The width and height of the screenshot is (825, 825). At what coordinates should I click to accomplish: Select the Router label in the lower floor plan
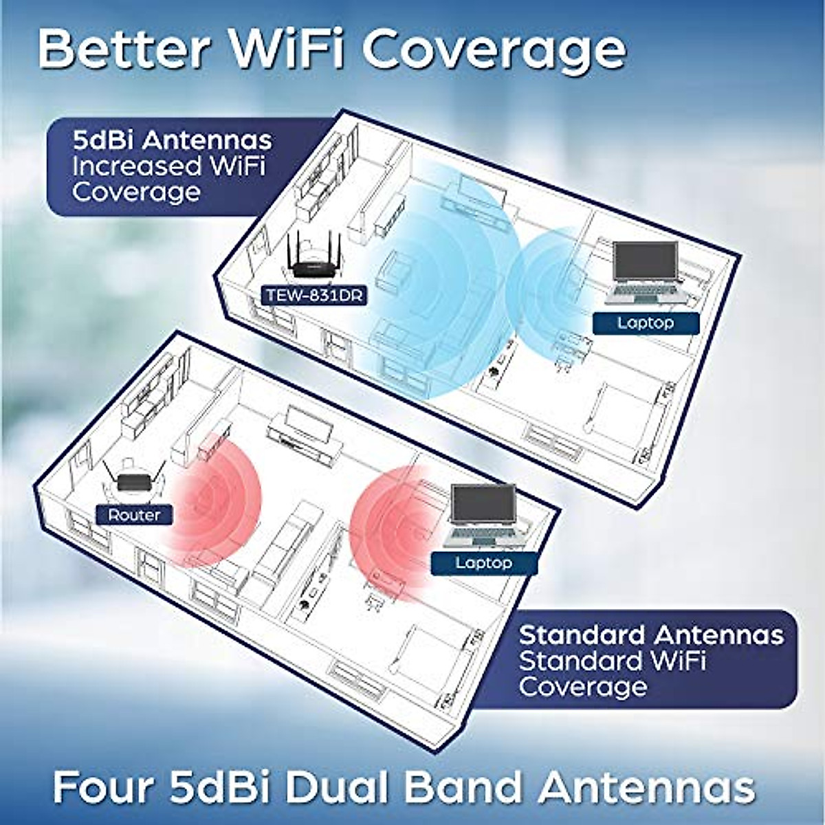134,515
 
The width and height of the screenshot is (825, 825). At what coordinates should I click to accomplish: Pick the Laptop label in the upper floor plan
645,322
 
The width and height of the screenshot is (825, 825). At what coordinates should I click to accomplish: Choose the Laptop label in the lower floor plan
483,563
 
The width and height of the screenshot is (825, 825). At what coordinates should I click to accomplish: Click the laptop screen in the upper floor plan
645,262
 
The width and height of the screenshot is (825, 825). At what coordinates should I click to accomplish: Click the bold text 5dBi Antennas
172,141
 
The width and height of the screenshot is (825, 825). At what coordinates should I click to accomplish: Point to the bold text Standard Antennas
651,634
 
